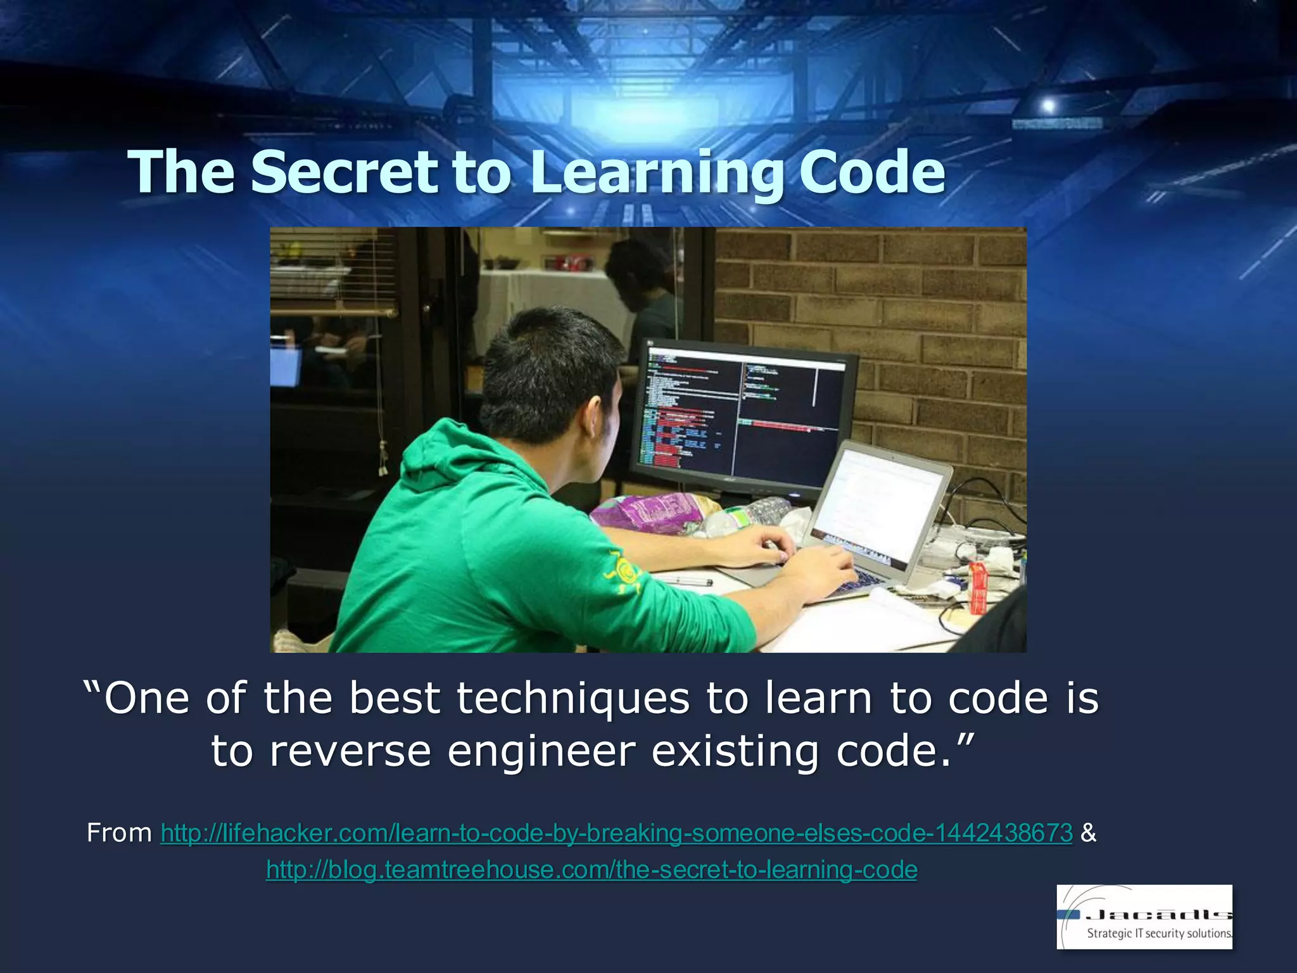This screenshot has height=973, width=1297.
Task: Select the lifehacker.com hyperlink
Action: (616, 832)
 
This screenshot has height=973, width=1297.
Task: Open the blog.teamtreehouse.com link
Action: (592, 870)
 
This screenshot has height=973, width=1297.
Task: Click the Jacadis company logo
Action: (1144, 916)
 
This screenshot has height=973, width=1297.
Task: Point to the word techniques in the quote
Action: (573, 698)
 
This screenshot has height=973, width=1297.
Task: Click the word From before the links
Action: (119, 832)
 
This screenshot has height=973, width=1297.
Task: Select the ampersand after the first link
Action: (1089, 832)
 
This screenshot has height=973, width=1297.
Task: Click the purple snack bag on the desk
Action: (652, 510)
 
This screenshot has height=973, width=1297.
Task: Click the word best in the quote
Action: (394, 698)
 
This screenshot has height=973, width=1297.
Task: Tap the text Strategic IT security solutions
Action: (1159, 933)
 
